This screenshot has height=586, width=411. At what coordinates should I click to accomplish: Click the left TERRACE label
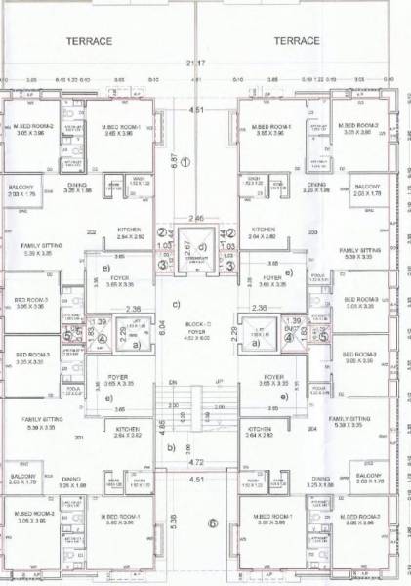point(90,41)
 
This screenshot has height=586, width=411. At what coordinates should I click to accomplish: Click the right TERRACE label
point(297,41)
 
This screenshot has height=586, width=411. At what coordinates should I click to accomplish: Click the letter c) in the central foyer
point(176,303)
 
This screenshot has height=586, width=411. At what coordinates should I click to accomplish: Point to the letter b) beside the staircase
point(171,448)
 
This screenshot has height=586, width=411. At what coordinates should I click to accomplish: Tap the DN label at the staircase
point(172,381)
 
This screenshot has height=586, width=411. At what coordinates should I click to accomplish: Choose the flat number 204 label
point(314,429)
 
